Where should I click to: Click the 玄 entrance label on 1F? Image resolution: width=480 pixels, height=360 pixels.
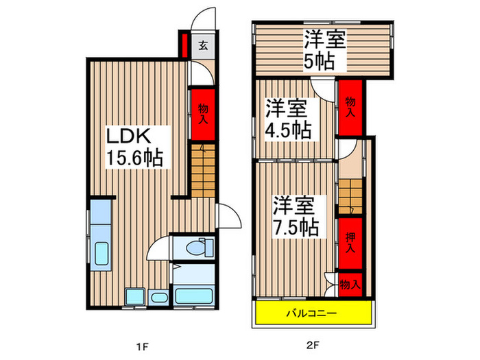(x=204, y=47)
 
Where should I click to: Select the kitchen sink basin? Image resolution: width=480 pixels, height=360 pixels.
(x=101, y=254)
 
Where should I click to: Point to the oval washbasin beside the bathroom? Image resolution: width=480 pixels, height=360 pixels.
(x=158, y=298)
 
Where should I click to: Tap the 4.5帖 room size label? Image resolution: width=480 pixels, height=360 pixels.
(x=289, y=128)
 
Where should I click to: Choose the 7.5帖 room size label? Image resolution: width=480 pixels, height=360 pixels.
(x=296, y=226)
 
